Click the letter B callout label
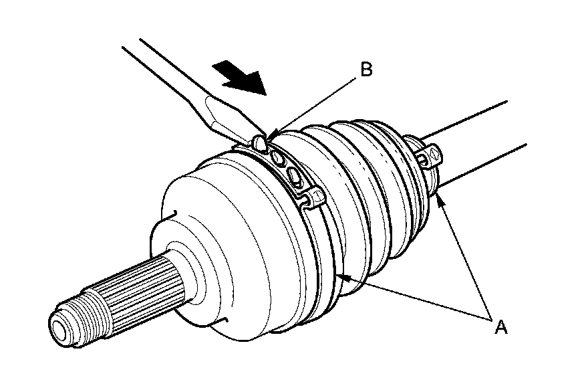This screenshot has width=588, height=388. pos(365,70)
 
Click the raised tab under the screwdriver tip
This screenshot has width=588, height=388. pos(261,142)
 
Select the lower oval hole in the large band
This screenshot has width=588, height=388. pos(295,176)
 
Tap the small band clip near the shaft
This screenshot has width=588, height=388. pos(428,158)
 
